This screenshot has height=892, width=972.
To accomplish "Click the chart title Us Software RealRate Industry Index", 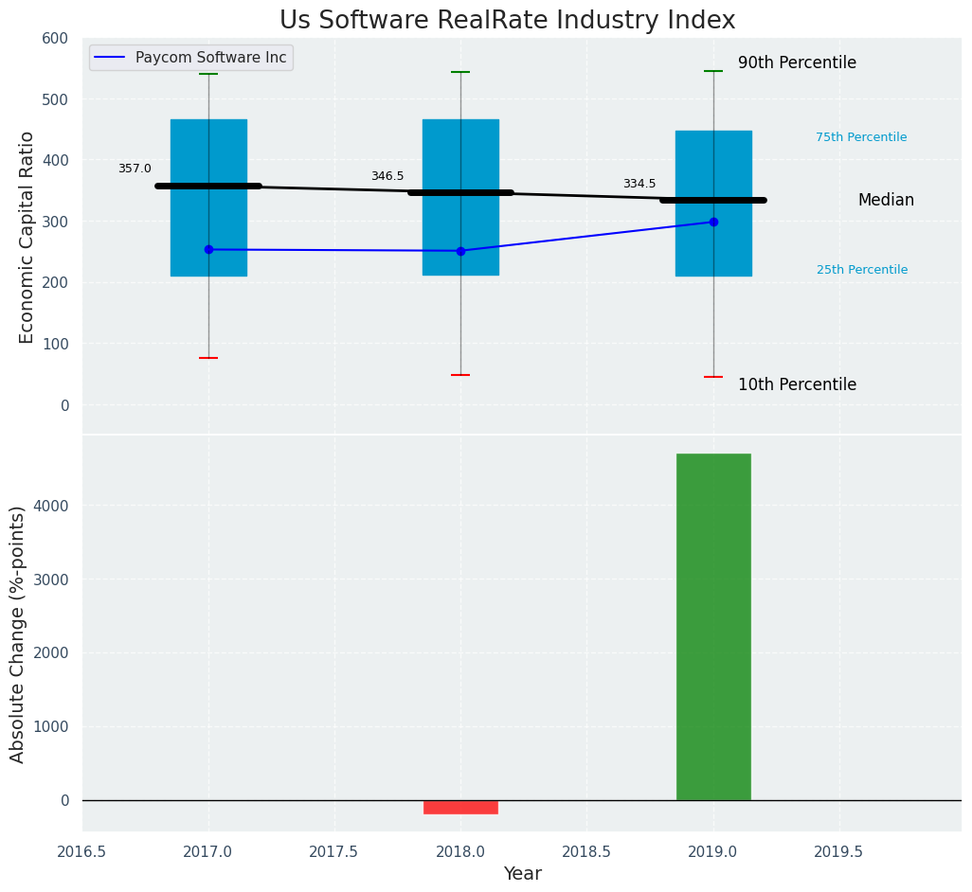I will tap(507, 21).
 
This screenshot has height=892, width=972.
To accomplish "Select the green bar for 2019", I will tap(713, 627).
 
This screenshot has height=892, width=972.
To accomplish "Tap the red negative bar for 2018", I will tap(460, 807).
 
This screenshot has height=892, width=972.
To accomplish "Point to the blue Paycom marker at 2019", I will tap(713, 222).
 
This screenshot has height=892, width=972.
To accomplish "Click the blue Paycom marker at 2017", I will tap(208, 250).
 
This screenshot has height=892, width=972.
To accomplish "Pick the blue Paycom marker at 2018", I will tap(460, 251).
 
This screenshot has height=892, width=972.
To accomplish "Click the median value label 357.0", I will tap(135, 169).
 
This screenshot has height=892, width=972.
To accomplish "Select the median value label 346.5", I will tap(387, 177).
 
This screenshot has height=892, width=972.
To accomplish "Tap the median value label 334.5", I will tap(639, 185).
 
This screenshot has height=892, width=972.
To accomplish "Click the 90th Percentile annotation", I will tap(797, 63).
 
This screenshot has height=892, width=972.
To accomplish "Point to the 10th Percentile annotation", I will tap(797, 385).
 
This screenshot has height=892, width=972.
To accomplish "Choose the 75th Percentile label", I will tap(861, 138).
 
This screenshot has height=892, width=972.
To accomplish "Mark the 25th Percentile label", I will tap(862, 271).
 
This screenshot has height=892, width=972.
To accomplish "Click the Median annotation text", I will tap(886, 201).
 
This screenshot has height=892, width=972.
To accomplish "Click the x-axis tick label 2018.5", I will tap(586, 852).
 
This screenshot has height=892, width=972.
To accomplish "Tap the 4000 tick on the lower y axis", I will tap(53, 506).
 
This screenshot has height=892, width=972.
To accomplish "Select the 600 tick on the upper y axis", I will tap(55, 39).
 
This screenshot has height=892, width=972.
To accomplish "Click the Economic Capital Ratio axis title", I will tap(27, 237).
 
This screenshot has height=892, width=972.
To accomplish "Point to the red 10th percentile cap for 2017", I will tap(208, 358).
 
